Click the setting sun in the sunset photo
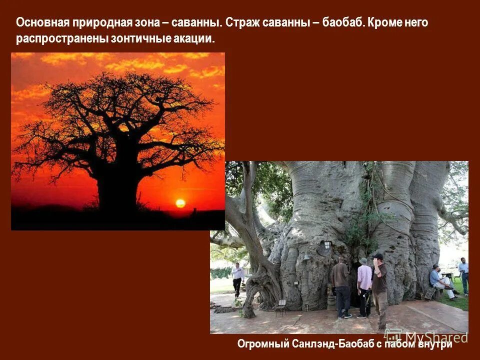[180, 203]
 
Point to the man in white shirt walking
[237, 278]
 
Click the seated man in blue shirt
[438, 282]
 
